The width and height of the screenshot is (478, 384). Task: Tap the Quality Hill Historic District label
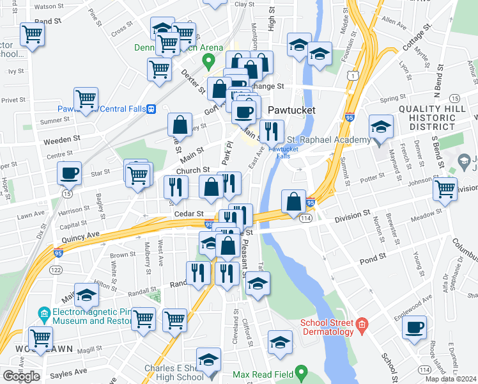(437, 119)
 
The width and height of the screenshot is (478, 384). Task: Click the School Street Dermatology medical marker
(362, 324)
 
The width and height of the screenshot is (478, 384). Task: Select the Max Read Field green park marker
(304, 372)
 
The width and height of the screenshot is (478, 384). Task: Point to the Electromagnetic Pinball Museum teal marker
(43, 314)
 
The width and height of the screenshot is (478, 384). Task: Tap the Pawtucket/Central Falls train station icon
(151, 108)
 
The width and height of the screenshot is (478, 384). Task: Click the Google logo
(21, 376)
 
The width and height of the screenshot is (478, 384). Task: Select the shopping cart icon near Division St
(445, 189)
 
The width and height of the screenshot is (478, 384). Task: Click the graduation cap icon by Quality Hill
(381, 128)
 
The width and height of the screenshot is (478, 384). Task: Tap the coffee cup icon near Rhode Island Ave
(414, 328)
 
